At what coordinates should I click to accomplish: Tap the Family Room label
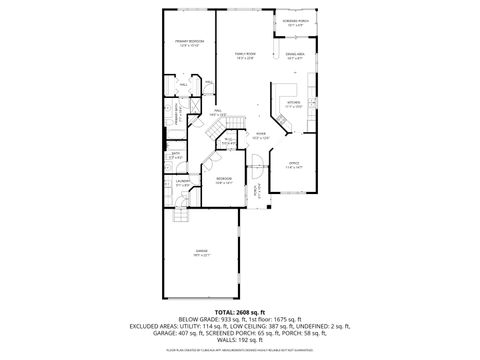246,56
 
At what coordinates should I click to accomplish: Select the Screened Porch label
294,23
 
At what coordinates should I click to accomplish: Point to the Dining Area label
295,57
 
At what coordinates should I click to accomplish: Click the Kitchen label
294,103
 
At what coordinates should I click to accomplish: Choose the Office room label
293,165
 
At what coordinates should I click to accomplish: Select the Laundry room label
182,183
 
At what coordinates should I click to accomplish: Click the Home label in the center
258,135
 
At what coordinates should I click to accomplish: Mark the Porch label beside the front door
257,189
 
